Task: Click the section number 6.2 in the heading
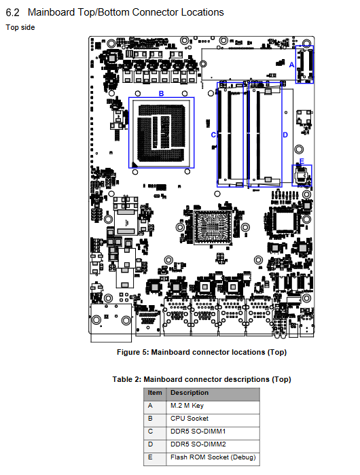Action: point(13,12)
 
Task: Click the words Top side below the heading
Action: point(20,27)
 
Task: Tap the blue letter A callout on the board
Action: point(291,65)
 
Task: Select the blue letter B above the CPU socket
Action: point(162,94)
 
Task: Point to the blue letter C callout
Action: point(213,135)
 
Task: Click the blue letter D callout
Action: point(285,135)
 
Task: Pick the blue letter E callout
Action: point(302,161)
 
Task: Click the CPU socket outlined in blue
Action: point(162,133)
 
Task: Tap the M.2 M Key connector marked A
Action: point(304,65)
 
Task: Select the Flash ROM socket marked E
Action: point(302,175)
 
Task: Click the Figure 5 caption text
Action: point(202,352)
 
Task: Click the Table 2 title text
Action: point(202,379)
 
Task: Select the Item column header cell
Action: point(155,394)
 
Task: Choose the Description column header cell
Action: point(213,394)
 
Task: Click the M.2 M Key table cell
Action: point(213,407)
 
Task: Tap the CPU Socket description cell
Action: point(213,420)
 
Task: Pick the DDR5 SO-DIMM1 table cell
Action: point(213,433)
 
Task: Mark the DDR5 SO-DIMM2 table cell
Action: point(213,446)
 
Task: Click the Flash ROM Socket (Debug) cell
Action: point(213,459)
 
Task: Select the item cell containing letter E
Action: point(155,459)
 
